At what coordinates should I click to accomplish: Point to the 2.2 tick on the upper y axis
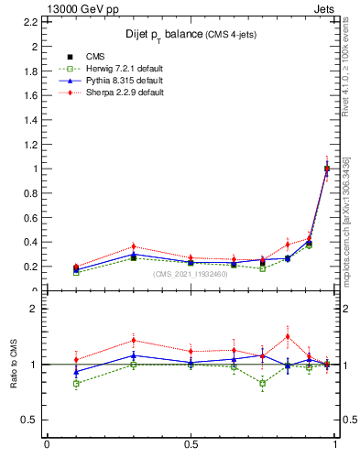[x=32, y=21]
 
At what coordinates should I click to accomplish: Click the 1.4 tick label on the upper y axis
[x=32, y=119]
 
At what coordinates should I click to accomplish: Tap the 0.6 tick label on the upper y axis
[x=32, y=218]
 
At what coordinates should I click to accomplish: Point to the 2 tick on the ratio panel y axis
[x=34, y=310]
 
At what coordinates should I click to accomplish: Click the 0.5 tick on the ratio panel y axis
[x=32, y=420]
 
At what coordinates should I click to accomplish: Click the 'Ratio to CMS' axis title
[x=13, y=365]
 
